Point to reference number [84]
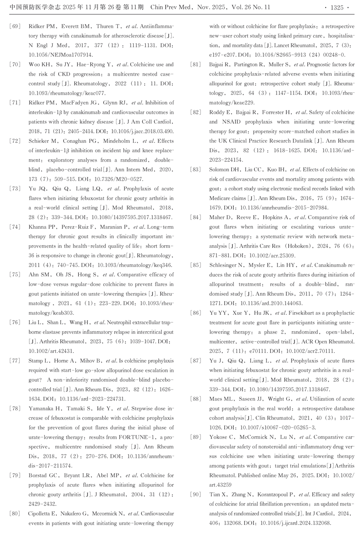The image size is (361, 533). [x=195, y=217]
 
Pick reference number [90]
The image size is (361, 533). [x=195, y=495]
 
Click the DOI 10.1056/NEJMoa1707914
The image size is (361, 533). [x=61, y=55]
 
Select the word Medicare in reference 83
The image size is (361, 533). [x=221, y=198]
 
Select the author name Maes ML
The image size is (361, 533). [x=222, y=399]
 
